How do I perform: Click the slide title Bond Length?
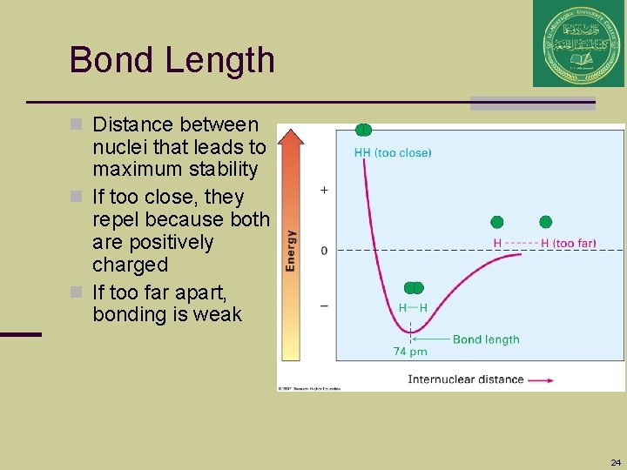172,60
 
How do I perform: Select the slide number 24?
616,462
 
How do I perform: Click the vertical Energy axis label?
291,250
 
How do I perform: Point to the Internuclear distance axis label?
465,379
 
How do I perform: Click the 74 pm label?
410,352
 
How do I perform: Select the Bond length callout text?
486,339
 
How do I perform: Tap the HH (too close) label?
392,152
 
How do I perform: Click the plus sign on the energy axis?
325,189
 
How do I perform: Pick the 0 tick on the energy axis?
325,251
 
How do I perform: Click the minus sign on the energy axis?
325,305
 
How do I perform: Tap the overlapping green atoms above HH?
364,130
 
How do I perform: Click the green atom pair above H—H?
413,288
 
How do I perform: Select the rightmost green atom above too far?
546,222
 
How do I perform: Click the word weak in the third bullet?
219,314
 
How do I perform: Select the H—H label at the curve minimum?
413,307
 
